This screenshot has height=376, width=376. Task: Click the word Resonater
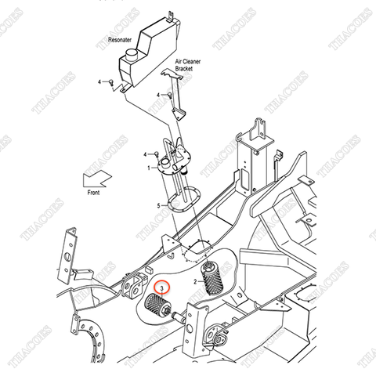tap(120, 40)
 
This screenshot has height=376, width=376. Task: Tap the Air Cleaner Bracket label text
tap(188, 65)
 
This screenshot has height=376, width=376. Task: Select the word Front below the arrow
tap(93, 193)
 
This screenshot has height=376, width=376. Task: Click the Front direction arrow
tap(97, 179)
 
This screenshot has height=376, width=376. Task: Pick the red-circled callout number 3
tap(162, 288)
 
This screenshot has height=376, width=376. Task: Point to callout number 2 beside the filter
tap(195, 282)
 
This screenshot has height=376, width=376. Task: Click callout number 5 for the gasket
tap(158, 206)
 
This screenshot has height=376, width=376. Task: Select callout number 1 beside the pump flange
tap(149, 168)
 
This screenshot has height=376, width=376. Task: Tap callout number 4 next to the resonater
tap(99, 82)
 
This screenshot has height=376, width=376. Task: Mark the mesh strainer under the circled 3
tap(158, 305)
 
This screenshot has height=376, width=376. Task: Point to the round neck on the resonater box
tap(132, 55)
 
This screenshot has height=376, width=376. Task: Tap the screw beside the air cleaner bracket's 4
tap(170, 96)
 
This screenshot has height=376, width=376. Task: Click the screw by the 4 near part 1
tap(157, 154)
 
